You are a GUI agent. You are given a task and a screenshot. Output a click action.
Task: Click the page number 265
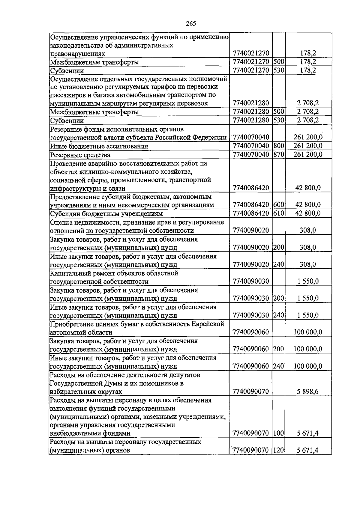pos(191,23)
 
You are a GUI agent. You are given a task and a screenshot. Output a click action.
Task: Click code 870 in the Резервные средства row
pos(279,155)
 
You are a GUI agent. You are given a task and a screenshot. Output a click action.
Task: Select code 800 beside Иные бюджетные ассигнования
pos(279,146)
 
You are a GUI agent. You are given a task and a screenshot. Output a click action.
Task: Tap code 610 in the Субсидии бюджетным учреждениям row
pos(279,213)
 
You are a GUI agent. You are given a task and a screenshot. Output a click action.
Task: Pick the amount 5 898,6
pos(309,391)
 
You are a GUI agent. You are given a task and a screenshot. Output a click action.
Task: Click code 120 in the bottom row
pos(279,450)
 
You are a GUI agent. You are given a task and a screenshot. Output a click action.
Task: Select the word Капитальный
pos(69,273)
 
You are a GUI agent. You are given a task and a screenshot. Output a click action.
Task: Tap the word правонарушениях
pos(77,54)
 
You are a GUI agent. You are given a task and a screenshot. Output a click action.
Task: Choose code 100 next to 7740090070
pos(279,433)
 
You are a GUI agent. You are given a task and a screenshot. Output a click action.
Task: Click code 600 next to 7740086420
pos(279,205)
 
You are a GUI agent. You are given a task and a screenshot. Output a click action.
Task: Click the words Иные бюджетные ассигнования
pos(99,146)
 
